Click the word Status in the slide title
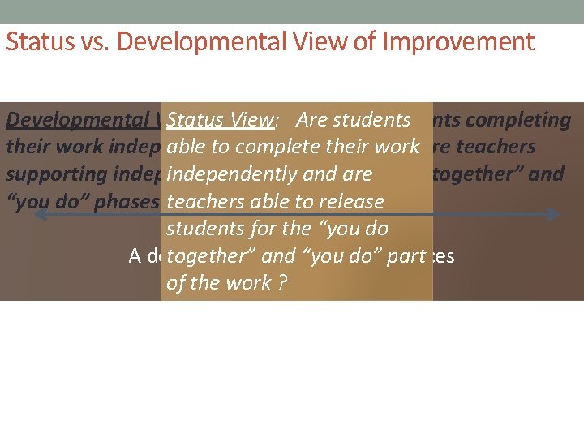coord(32,42)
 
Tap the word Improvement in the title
coord(458,42)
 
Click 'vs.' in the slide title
coord(80,42)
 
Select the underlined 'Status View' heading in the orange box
coord(220,120)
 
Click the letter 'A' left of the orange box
coord(136,256)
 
